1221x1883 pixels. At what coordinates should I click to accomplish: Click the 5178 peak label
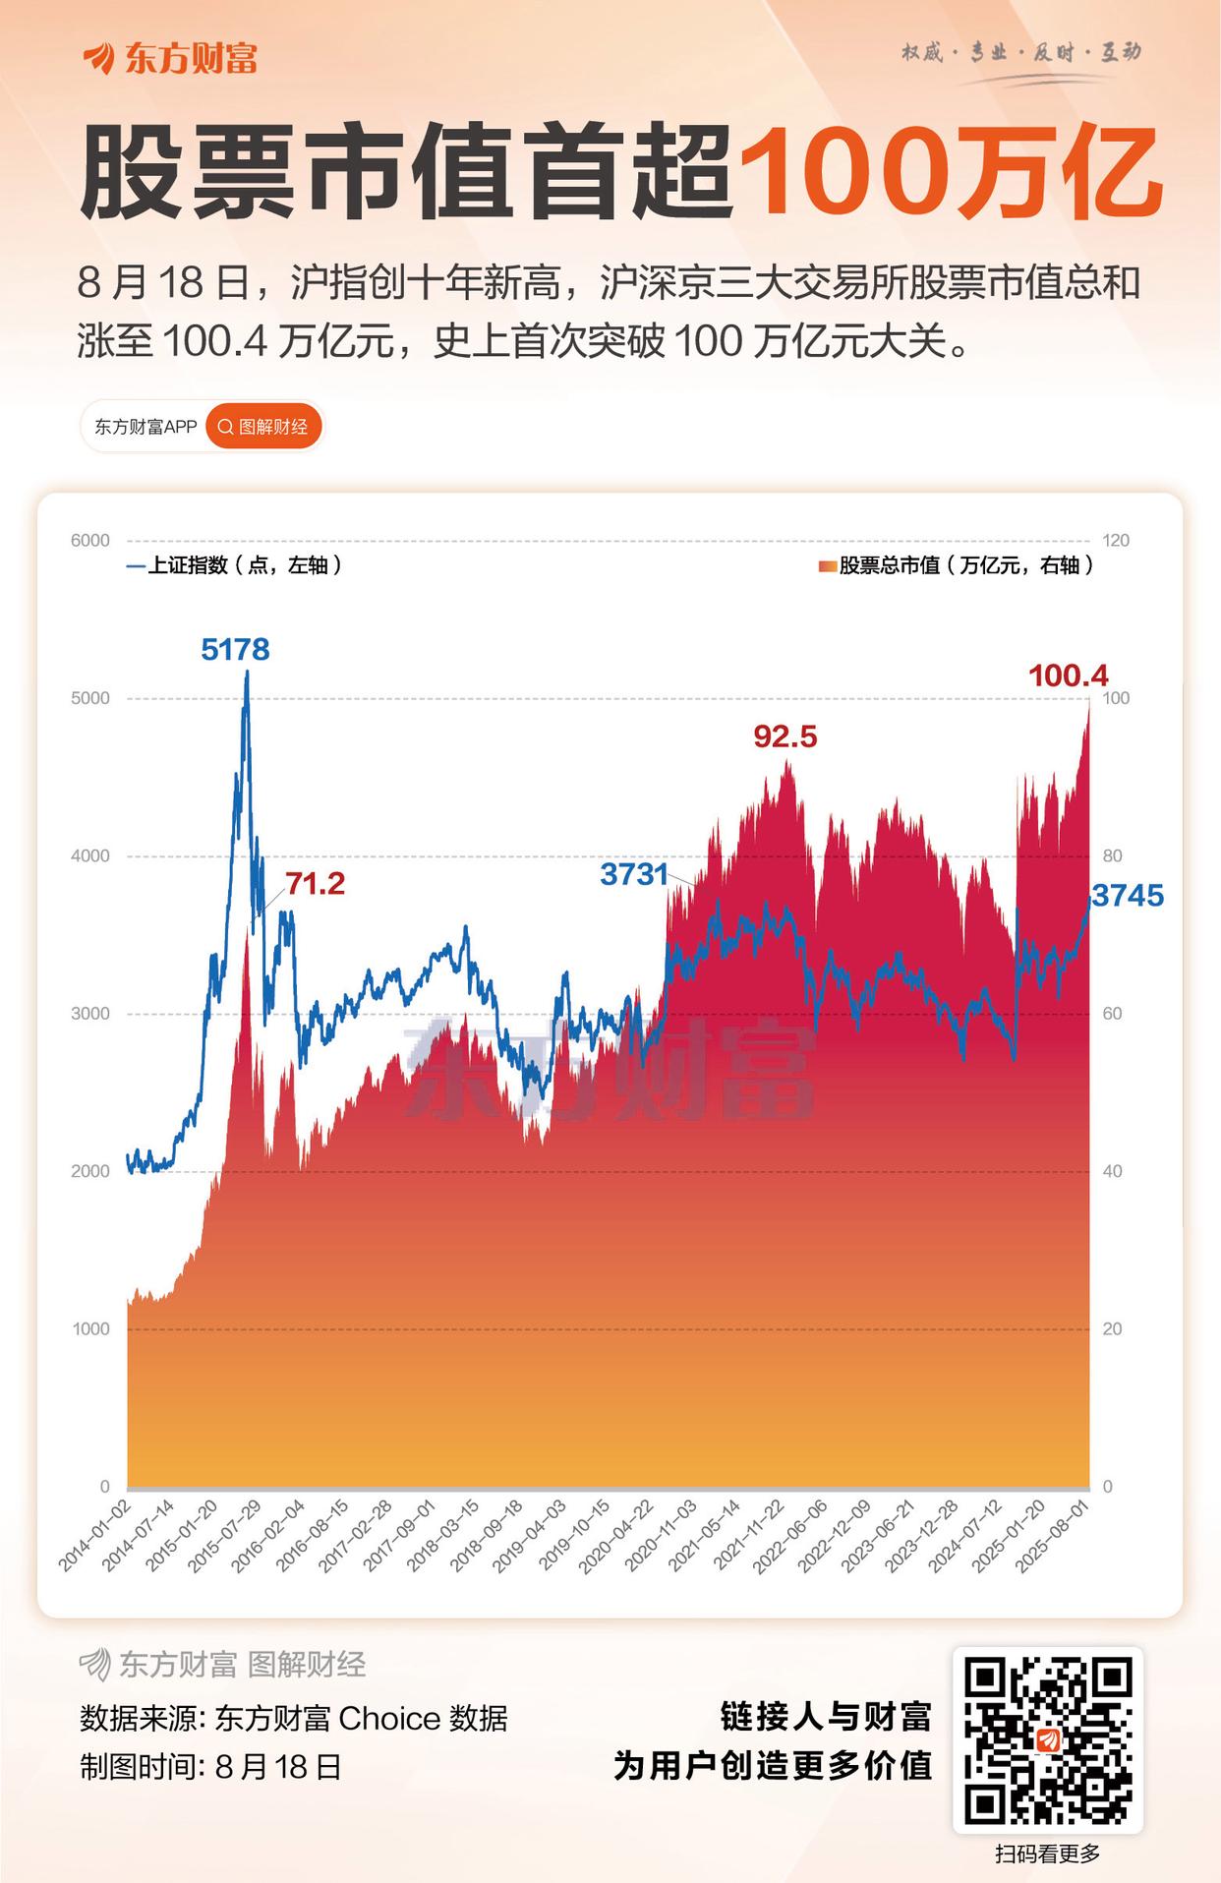click(x=235, y=649)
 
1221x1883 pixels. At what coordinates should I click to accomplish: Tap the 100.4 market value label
click(x=1068, y=676)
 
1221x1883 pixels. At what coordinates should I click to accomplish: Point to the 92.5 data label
click(x=785, y=736)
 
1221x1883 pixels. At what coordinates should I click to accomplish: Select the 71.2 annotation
click(x=315, y=883)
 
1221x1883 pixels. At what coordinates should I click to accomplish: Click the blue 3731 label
click(x=633, y=874)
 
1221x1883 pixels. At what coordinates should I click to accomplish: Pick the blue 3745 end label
click(x=1128, y=896)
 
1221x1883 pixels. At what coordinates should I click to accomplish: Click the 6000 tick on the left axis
click(x=90, y=541)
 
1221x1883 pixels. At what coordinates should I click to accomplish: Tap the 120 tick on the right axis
click(x=1116, y=541)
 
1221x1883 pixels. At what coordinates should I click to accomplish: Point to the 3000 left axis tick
click(x=90, y=1014)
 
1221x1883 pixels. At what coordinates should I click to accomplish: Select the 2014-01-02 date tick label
click(x=95, y=1535)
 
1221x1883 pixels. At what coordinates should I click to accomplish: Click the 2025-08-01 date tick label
click(x=1053, y=1535)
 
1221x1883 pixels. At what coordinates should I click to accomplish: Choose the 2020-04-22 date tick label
click(x=616, y=1535)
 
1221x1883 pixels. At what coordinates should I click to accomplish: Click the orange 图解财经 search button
click(x=263, y=427)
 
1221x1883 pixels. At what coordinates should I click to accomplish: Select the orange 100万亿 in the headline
click(x=950, y=173)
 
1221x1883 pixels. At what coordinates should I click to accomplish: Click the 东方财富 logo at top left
click(x=171, y=58)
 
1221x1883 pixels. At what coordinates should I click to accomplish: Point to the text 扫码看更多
click(x=1047, y=1854)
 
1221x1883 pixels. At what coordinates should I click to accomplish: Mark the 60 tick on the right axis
click(x=1112, y=1014)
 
